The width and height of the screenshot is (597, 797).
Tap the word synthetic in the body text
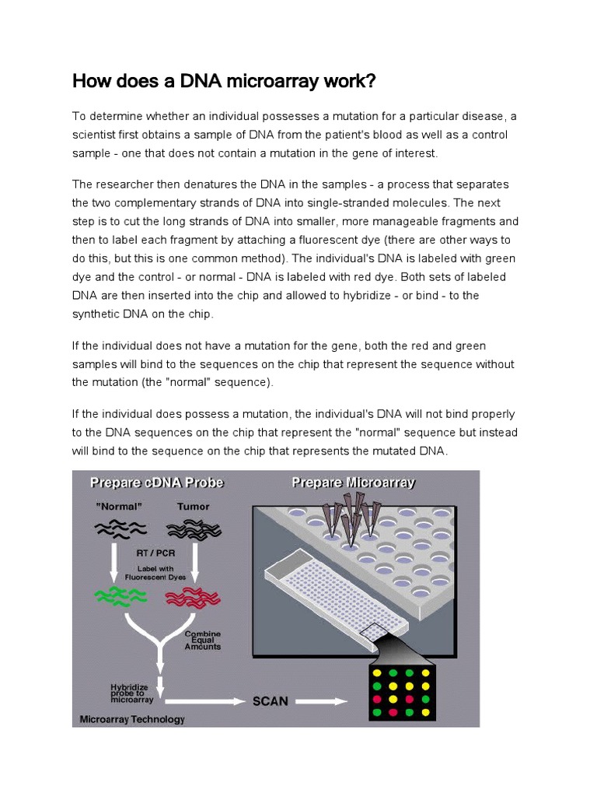(99, 314)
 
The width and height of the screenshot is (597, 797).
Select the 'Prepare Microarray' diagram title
(353, 483)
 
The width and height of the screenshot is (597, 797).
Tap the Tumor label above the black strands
(193, 507)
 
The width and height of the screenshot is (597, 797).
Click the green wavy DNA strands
(120, 596)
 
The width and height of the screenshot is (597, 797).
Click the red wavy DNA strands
(194, 597)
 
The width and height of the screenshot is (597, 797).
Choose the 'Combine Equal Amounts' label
(202, 640)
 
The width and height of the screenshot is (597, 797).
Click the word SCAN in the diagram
(271, 701)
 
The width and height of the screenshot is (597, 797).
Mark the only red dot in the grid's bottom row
(393, 712)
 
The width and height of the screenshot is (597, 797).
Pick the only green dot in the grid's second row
(377, 686)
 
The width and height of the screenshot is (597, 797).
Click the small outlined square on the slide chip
(382, 634)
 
